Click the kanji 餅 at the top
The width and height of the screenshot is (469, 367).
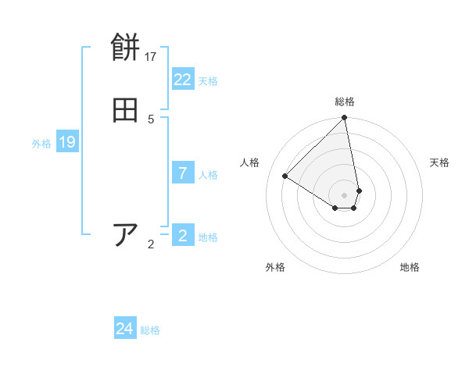pos(126,48)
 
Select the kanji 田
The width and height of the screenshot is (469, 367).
pos(126,111)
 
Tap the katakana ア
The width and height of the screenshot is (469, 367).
pos(126,235)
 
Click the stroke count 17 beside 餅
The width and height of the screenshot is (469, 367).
pos(151,57)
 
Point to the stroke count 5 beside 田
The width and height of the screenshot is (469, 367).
pos(151,119)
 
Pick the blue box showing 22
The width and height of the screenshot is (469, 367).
pos(183,80)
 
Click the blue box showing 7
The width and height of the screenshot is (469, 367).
pos(183,173)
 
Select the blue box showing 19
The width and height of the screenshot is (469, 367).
pos(67,142)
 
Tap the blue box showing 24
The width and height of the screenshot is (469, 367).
pos(125,329)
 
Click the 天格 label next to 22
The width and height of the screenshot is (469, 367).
pos(208,81)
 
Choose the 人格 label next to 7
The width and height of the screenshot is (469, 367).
pos(208,175)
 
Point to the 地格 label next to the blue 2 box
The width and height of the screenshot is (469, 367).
pos(208,237)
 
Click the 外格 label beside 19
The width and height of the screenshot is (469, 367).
pos(41,144)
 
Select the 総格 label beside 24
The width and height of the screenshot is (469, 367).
pos(150,330)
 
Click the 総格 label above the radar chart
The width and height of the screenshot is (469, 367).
pos(345,102)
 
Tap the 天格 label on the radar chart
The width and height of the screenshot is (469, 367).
pos(439,162)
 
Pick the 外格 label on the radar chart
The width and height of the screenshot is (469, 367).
pos(275,267)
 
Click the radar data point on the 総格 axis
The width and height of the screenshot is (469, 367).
pos(345,119)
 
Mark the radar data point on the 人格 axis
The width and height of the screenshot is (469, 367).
pos(285,176)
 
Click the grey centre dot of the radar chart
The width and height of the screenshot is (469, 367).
pos(345,194)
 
